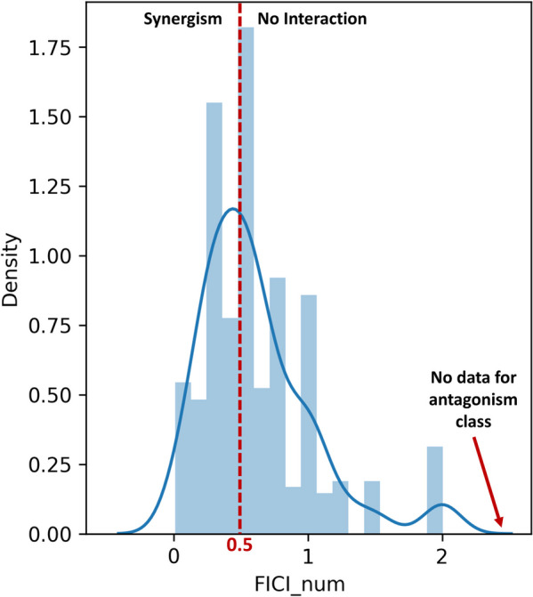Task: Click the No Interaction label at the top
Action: [311, 18]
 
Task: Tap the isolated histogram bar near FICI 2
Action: [435, 490]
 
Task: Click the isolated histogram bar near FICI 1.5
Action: [372, 507]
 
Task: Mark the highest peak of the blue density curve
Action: [232, 209]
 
